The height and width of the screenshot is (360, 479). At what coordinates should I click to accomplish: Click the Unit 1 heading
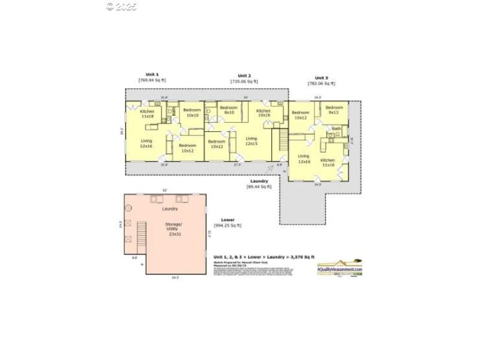coord(152,74)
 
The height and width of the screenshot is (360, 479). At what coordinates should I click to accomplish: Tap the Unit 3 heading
coord(322,78)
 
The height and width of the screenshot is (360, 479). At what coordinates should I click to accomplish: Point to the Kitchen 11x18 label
coord(147,114)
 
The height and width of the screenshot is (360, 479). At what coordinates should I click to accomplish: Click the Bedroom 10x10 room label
coord(192,113)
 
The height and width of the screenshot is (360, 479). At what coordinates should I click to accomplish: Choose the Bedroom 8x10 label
coord(229,110)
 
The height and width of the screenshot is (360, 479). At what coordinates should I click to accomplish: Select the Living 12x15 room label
coord(251,141)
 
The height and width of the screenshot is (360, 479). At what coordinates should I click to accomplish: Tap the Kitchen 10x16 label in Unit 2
coord(264,113)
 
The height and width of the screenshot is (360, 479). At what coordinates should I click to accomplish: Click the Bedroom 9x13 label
coord(334,110)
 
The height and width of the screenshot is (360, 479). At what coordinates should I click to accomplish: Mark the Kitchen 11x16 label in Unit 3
coord(328,162)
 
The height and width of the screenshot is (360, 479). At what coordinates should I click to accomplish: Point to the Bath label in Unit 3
coord(336,128)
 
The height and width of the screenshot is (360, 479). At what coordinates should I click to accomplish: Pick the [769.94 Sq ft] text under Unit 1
coord(152,80)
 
